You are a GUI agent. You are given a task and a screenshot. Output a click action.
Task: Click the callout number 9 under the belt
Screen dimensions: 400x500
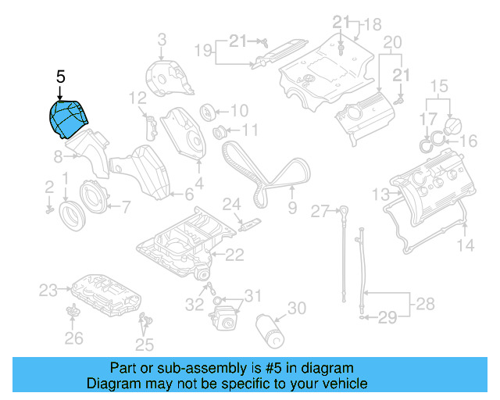click(x=292, y=208)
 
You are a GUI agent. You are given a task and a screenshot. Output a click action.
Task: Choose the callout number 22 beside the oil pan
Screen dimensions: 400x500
click(x=234, y=254)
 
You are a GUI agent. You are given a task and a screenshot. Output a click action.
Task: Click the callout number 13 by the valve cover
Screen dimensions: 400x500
click(x=380, y=194)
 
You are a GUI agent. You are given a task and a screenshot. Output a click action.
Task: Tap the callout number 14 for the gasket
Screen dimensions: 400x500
click(x=465, y=246)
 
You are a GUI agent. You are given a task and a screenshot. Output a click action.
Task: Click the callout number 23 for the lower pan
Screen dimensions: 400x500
click(x=48, y=291)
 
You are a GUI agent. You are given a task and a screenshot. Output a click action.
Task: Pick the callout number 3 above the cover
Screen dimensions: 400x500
click(x=162, y=39)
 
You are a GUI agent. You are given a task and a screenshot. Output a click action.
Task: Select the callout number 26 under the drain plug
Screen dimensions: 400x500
click(x=73, y=337)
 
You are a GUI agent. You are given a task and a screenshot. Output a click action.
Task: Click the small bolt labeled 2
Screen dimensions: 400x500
click(x=48, y=209)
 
